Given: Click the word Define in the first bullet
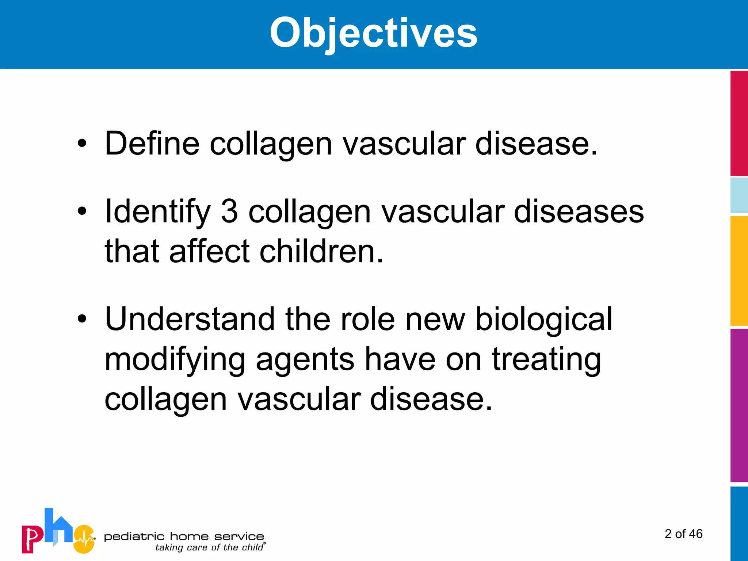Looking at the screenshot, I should click(x=152, y=143).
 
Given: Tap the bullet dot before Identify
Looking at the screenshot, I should click(x=82, y=211).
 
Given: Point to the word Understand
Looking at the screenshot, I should click(x=190, y=319).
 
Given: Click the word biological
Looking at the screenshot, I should click(x=543, y=319).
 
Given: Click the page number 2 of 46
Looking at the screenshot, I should click(x=683, y=534).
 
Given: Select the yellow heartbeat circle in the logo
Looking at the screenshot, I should click(x=84, y=539).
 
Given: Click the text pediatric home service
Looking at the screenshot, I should click(x=184, y=537).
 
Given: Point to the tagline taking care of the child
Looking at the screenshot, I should click(x=209, y=547).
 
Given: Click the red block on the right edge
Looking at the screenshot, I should click(x=739, y=123).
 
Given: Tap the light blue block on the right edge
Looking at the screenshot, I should click(x=739, y=195).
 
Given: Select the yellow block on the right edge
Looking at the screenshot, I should click(x=739, y=271).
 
